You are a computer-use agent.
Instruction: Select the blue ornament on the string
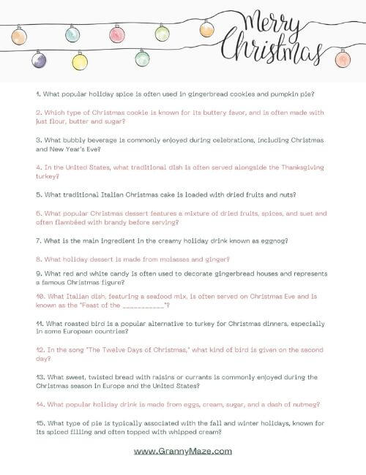pos(72,34)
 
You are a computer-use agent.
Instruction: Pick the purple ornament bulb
pos(40,60)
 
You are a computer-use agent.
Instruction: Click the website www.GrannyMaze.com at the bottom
pos(183,452)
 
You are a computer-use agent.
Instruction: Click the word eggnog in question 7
pos(272,240)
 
